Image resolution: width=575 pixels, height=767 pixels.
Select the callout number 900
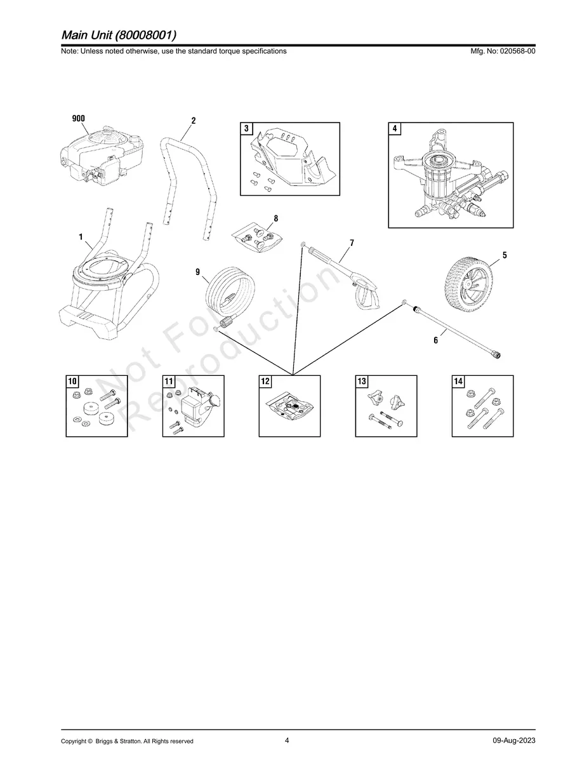[77, 119]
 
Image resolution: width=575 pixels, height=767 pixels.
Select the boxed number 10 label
[72, 382]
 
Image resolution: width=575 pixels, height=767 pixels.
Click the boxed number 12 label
[265, 382]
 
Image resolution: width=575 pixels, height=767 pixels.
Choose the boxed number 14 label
[458, 382]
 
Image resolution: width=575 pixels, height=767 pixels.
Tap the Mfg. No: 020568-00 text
[501, 51]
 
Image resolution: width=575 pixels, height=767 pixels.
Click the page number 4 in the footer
[287, 740]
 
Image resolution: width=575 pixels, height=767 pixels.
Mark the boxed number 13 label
[362, 382]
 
